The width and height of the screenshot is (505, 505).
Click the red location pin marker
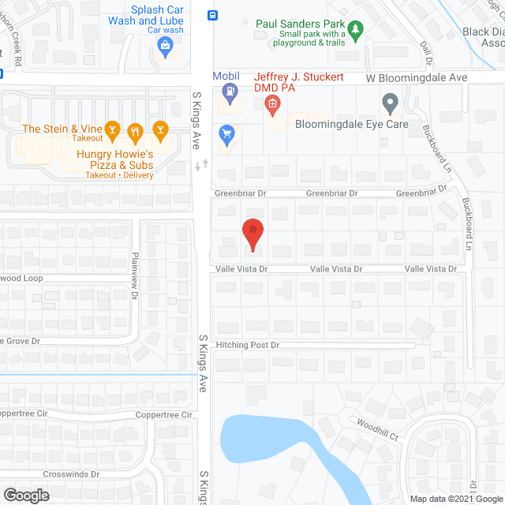[252, 234]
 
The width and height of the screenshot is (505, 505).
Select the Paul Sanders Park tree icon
[356, 31]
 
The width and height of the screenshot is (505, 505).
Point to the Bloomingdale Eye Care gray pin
[389, 102]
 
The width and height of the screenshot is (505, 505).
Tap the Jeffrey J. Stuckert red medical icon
[271, 103]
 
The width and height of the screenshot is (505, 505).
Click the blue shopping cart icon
[228, 136]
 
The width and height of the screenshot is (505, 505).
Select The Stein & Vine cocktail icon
[112, 129]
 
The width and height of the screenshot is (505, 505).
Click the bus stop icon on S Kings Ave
[212, 15]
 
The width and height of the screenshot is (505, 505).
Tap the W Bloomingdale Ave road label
[416, 79]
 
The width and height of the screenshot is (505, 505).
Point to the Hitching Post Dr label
[248, 346]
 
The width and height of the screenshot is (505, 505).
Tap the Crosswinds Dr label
[72, 474]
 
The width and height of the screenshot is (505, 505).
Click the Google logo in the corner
[25, 496]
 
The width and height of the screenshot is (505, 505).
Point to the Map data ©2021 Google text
[455, 498]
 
